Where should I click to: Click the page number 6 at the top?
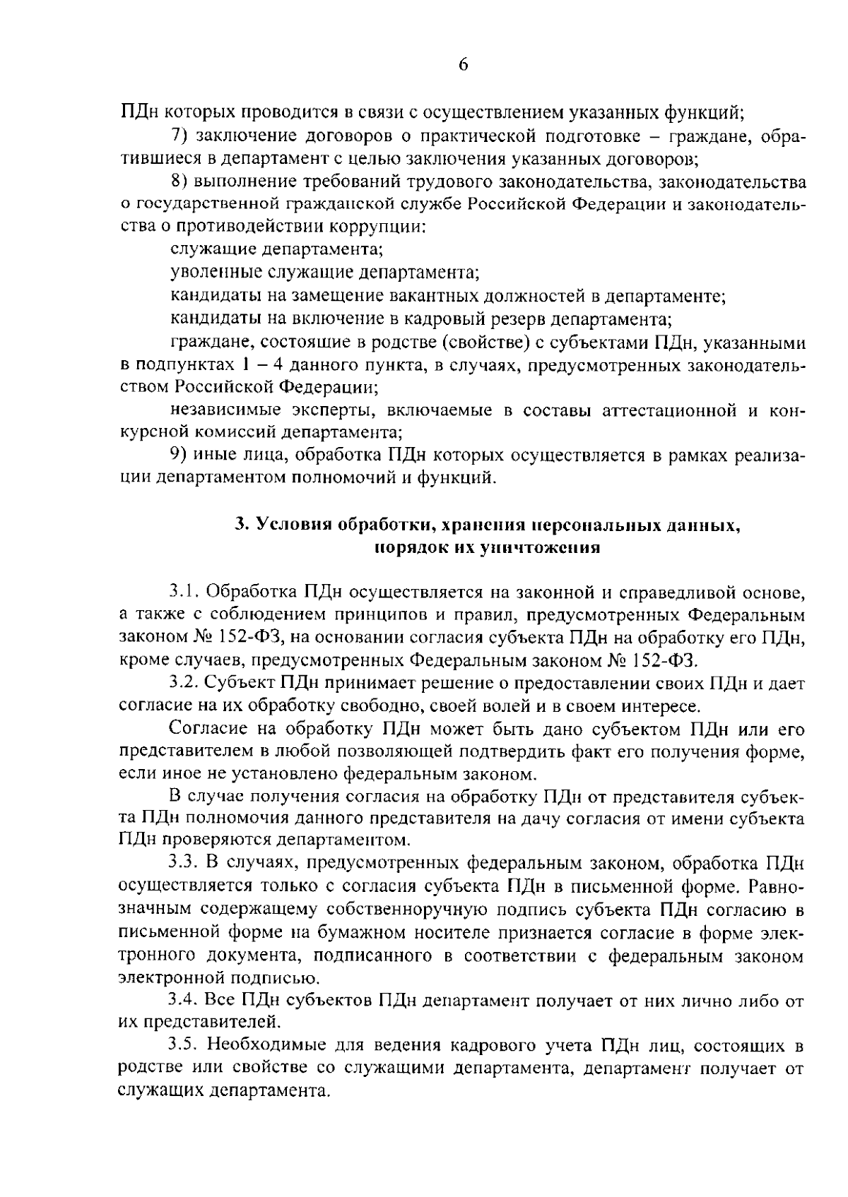click(463, 65)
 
